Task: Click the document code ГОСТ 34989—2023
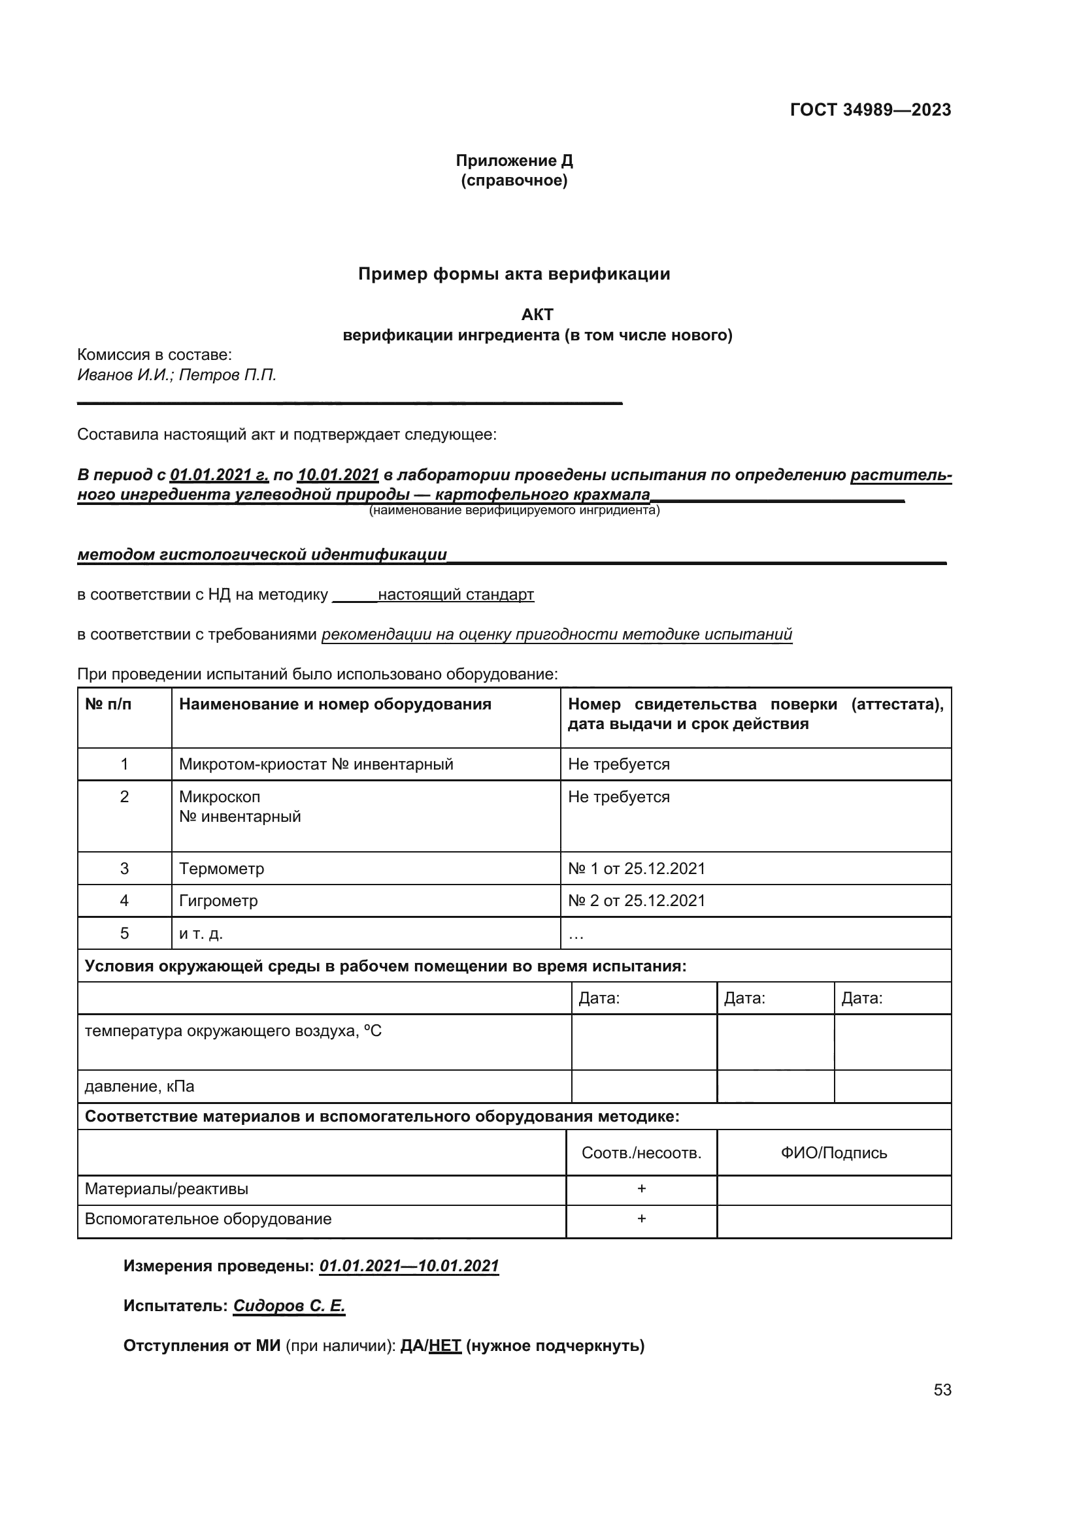870,110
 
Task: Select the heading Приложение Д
514,161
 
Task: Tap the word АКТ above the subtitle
537,314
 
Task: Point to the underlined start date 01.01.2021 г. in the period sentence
219,475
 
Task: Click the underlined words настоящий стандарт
456,594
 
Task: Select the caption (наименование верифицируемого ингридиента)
514,510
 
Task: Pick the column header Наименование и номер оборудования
335,704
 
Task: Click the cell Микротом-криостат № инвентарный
316,764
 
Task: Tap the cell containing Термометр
221,868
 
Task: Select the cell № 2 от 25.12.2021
636,900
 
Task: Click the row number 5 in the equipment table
124,933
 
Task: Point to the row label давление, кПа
139,1087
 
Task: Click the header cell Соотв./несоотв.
641,1153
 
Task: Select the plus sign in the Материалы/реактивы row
641,1188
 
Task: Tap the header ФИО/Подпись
833,1153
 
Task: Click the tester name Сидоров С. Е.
289,1306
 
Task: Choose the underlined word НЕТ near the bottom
444,1346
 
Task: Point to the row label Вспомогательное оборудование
208,1219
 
